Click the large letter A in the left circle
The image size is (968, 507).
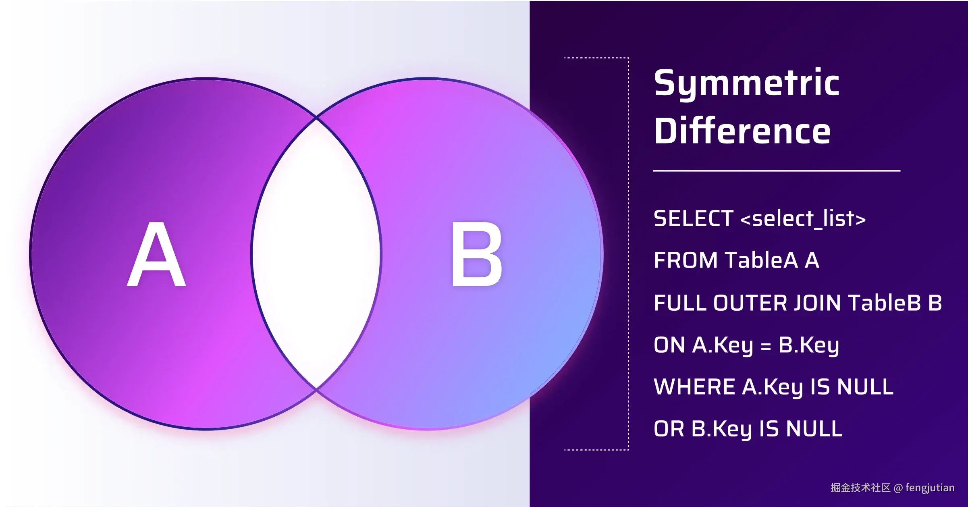156,254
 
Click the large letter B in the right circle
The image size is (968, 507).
477,254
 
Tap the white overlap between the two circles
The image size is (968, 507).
316,254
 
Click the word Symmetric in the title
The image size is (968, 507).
747,83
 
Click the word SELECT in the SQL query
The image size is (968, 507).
693,218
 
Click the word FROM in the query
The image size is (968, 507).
685,260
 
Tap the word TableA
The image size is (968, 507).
761,260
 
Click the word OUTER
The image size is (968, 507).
750,303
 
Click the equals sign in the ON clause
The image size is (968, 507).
766,346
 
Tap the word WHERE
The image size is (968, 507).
694,387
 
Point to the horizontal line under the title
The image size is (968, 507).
777,171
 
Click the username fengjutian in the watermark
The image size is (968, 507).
930,488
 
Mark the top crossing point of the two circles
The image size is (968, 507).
316,118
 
